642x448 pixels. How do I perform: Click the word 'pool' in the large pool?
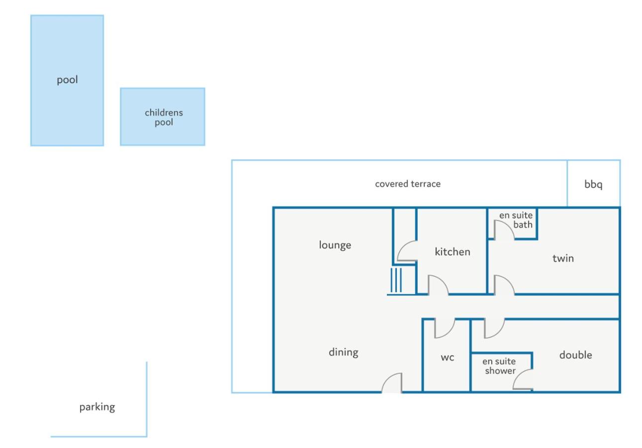pos(67,80)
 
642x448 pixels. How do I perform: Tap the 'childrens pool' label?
pos(164,117)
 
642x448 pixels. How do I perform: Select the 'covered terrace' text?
pos(408,184)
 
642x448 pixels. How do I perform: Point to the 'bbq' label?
pos(593,184)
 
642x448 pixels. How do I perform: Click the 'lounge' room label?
pos(335,245)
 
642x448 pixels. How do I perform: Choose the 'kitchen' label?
pos(453,252)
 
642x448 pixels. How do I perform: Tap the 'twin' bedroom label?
pos(563,258)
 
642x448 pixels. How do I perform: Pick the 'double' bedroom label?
pos(575,355)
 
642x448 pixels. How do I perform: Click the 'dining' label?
pos(343,352)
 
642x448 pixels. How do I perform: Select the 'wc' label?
pos(448,358)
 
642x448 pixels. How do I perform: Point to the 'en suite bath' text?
pos(516,220)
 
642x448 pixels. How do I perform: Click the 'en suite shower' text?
pos(499,366)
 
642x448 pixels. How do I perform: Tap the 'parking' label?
pos(97,407)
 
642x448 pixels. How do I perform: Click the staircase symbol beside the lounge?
pos(396,280)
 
